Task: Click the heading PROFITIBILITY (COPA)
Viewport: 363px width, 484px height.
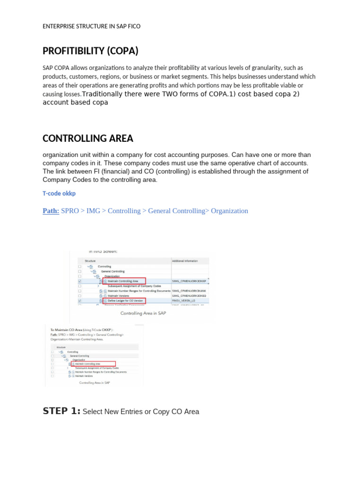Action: (x=90, y=51)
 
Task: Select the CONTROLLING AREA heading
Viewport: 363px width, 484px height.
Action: (x=88, y=138)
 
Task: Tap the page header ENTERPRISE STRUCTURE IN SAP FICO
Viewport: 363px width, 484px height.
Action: (x=91, y=26)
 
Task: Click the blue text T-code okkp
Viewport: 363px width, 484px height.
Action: (x=59, y=193)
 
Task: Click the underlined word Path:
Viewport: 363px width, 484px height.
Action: (x=51, y=211)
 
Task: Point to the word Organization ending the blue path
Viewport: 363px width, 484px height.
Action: (x=229, y=211)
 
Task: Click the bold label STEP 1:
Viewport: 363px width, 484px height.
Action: (x=61, y=411)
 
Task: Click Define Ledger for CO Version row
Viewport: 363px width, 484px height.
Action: (x=125, y=301)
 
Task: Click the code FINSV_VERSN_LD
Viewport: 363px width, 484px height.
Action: (x=184, y=301)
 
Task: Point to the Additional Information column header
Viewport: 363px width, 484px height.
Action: (x=185, y=261)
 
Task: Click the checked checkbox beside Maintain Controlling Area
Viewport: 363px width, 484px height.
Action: (x=79, y=281)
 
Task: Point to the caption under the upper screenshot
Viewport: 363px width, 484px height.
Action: (x=143, y=313)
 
